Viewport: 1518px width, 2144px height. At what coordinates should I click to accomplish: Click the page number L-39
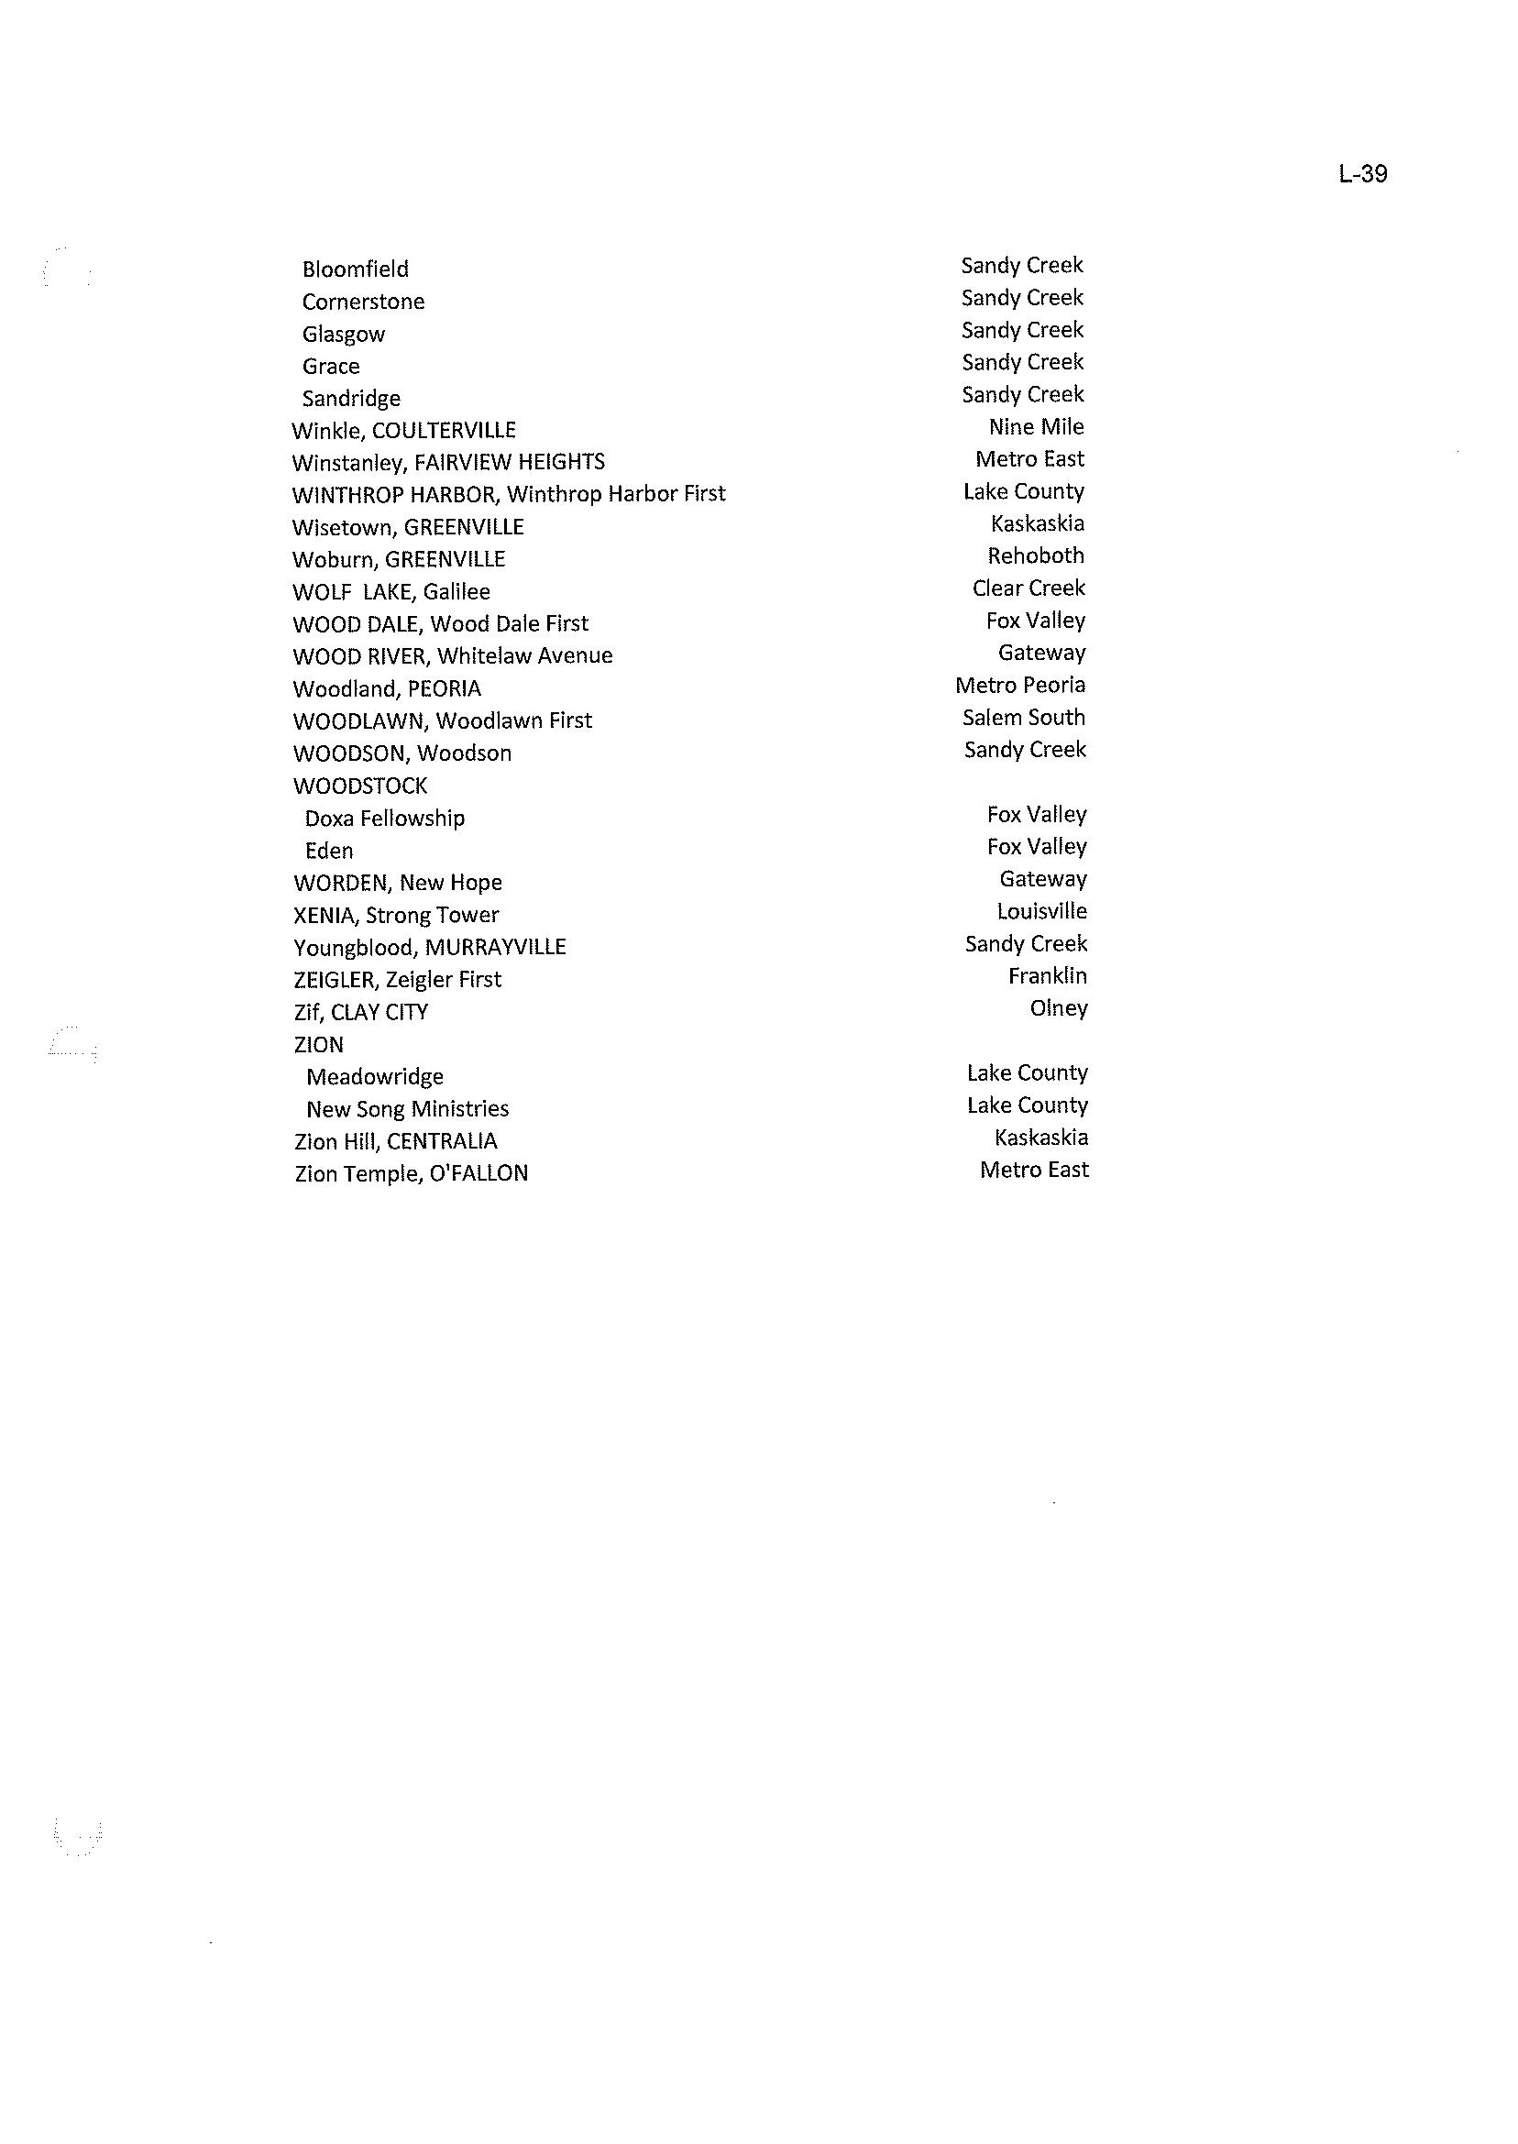click(1362, 174)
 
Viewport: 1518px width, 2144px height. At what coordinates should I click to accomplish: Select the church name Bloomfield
click(355, 269)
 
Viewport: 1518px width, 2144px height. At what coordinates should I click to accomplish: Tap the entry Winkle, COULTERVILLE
click(404, 430)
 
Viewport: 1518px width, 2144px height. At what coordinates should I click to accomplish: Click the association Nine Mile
click(1036, 427)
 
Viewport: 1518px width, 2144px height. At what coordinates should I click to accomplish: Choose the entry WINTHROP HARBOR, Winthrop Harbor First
click(509, 493)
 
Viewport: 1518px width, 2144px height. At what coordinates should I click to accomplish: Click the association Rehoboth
click(1036, 556)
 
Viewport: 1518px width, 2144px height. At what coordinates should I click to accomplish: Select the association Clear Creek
click(1028, 588)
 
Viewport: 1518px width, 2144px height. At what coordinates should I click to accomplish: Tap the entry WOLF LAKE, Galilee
click(390, 591)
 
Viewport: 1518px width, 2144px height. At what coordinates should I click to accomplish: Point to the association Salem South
click(1024, 718)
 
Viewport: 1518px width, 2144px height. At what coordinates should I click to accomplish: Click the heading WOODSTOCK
click(360, 786)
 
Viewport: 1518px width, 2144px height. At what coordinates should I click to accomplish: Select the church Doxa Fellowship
click(384, 819)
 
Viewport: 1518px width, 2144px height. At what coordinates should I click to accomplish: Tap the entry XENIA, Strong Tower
click(396, 915)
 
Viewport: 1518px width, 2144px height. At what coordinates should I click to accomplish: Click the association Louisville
click(1041, 911)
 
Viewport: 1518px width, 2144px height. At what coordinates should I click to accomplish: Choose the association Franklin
click(1047, 975)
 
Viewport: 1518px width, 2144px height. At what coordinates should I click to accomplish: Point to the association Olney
click(1058, 1008)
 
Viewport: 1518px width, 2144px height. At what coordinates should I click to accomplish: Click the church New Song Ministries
click(408, 1109)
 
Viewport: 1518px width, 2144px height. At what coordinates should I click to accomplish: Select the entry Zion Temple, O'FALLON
click(412, 1173)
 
